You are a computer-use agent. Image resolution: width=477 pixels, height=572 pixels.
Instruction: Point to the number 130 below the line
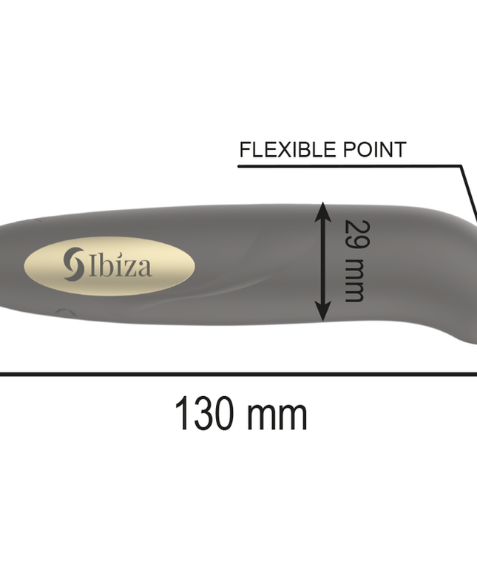click(202, 415)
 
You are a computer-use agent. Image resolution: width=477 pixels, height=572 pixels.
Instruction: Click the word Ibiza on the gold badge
click(121, 265)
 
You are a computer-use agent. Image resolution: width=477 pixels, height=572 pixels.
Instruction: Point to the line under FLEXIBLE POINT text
click(348, 166)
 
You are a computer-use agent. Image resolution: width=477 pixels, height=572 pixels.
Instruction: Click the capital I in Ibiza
click(92, 265)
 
